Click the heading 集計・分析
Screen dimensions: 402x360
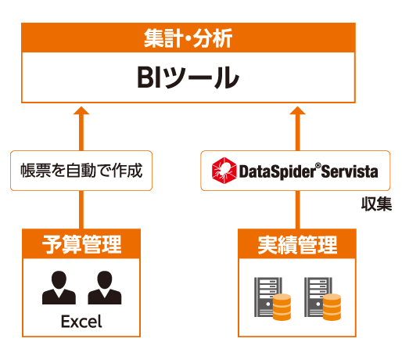coord(188,38)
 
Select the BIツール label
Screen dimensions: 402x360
coord(188,77)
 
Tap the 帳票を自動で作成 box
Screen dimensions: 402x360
coord(81,171)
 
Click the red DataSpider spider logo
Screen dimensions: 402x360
coord(224,171)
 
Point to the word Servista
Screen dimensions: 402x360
coord(350,171)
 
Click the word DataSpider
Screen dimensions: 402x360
coord(277,172)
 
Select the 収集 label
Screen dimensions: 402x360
coord(376,204)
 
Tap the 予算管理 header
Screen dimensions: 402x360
coord(81,244)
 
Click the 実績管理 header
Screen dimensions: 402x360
coord(297,244)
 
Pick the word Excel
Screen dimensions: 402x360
coord(81,321)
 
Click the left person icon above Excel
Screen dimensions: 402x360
coord(59,287)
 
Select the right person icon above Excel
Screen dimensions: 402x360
coord(105,287)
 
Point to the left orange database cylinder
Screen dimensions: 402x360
coord(282,307)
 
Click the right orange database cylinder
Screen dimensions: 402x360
coord(332,307)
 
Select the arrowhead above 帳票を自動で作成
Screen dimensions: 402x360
coord(81,110)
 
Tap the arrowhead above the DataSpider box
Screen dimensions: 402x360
coord(297,110)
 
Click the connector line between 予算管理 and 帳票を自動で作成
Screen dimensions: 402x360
coord(81,210)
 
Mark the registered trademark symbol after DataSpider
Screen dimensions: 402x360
coord(318,165)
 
